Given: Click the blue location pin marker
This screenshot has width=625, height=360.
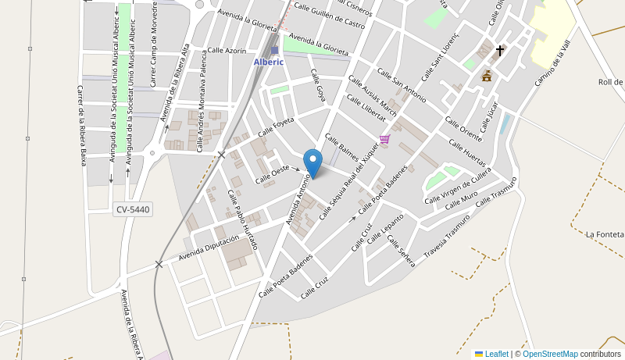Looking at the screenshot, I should [x=312, y=163].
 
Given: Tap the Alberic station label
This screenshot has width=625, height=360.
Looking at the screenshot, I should [x=269, y=62].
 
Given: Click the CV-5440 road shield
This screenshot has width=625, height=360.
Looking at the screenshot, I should [x=133, y=209].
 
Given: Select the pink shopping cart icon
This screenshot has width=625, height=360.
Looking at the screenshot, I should [x=384, y=139].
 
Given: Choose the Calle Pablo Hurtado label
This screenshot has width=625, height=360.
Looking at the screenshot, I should [x=242, y=219].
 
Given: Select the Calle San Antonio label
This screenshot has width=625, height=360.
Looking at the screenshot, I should [x=402, y=85].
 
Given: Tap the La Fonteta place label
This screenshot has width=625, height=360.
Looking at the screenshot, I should [x=604, y=233].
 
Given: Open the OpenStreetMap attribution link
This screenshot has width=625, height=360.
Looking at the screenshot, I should [x=550, y=354].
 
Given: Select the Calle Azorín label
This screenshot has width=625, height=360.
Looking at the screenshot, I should [x=226, y=50].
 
